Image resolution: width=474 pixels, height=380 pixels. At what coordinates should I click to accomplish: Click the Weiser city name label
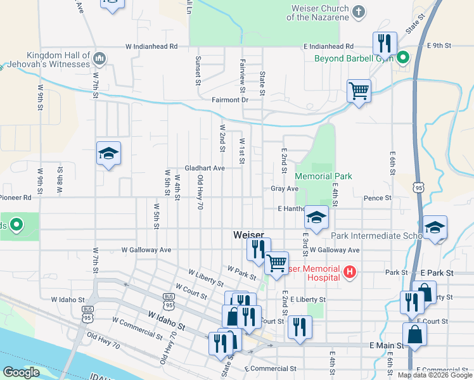(248, 235)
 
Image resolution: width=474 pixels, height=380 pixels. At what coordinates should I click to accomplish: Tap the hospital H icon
(349, 272)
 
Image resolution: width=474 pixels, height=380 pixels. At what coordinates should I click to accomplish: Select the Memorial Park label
(323, 176)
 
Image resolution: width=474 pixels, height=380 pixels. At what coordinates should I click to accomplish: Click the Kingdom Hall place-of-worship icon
(99, 60)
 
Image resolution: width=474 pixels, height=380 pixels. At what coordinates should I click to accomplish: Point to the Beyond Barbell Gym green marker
(402, 59)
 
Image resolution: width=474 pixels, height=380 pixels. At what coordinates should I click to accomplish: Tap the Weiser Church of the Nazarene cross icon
(359, 11)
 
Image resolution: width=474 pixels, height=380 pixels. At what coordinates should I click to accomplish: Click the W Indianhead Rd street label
(151, 46)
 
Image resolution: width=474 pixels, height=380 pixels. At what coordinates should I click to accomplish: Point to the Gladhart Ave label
(205, 168)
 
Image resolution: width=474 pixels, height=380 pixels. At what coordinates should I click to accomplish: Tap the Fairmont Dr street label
(229, 100)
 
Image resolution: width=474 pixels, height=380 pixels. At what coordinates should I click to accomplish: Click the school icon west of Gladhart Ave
(108, 153)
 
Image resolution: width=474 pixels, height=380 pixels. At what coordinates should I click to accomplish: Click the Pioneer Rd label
(16, 198)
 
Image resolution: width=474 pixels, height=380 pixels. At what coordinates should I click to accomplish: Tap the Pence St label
(378, 198)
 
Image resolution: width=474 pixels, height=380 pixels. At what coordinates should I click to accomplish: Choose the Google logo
(22, 372)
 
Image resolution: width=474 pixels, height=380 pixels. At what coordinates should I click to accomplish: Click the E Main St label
(387, 345)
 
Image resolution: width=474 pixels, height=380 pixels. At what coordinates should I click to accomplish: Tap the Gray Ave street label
(285, 189)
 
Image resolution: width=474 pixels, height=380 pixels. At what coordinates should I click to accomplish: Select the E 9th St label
(439, 46)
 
